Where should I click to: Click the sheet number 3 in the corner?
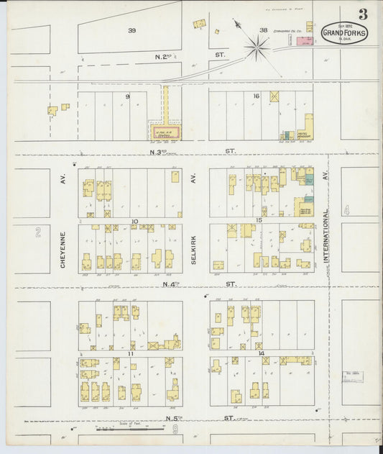[x=363, y=14]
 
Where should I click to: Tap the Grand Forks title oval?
[x=345, y=33]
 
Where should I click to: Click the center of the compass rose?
[x=256, y=48]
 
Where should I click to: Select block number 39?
[x=131, y=30]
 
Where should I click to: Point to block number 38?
[x=263, y=30]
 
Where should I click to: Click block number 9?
[x=128, y=96]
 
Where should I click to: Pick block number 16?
[x=255, y=95]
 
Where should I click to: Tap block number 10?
[x=134, y=221]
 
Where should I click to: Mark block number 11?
[x=131, y=354]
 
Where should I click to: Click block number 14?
[x=261, y=353]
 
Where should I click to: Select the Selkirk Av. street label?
[x=193, y=249]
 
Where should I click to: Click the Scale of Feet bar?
[x=130, y=430]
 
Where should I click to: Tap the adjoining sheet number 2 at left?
[x=37, y=232]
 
